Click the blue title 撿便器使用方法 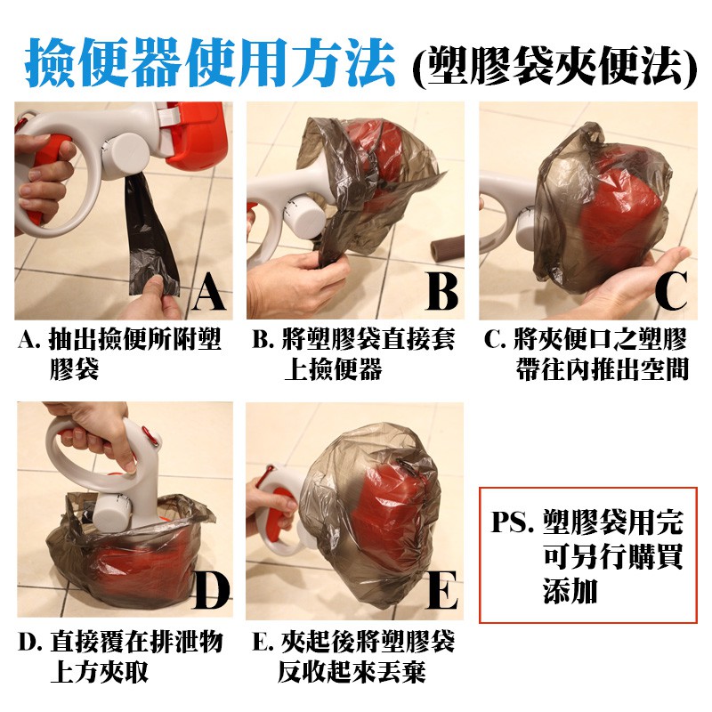click(x=210, y=62)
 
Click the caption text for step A click(x=119, y=353)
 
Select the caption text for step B click(x=352, y=353)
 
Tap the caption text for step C click(x=586, y=353)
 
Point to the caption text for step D click(x=120, y=656)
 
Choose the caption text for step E click(x=352, y=656)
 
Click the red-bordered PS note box click(x=587, y=554)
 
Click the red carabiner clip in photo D click(x=150, y=437)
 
